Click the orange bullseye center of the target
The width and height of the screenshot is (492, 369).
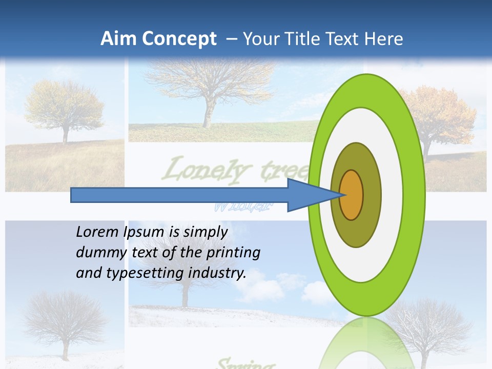click(352, 195)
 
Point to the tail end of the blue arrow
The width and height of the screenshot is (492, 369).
click(72, 195)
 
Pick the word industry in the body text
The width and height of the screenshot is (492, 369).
click(217, 273)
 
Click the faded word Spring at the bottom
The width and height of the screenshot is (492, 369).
click(243, 364)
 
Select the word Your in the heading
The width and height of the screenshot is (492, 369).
click(259, 39)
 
